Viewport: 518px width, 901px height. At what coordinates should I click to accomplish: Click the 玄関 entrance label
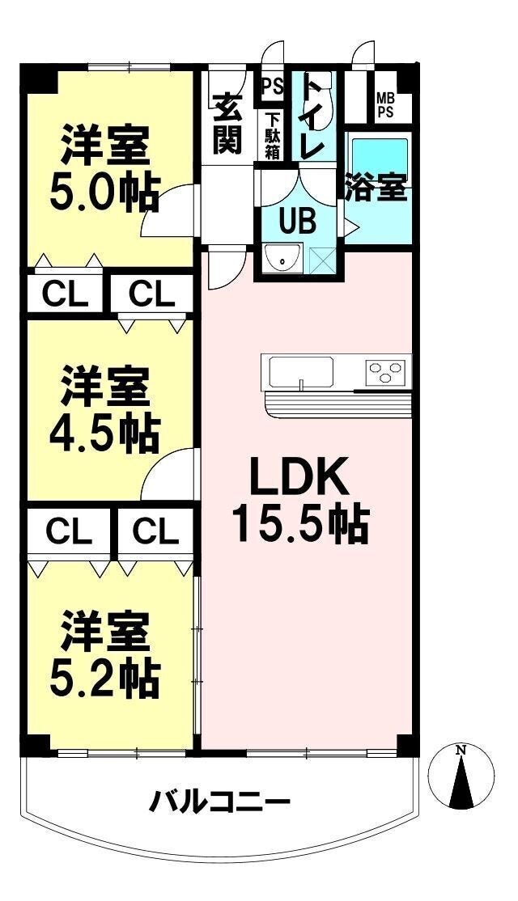click(x=228, y=124)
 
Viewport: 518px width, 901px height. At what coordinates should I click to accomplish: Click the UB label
click(x=297, y=220)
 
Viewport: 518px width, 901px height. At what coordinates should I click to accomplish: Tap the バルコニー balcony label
click(x=219, y=803)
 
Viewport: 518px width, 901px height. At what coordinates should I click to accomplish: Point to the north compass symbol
click(x=461, y=776)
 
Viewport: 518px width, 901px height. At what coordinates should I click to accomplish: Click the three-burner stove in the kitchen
click(x=386, y=373)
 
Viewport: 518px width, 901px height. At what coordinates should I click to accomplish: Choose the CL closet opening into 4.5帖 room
click(x=151, y=294)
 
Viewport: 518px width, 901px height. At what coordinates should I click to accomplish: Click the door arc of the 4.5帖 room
click(x=167, y=477)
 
